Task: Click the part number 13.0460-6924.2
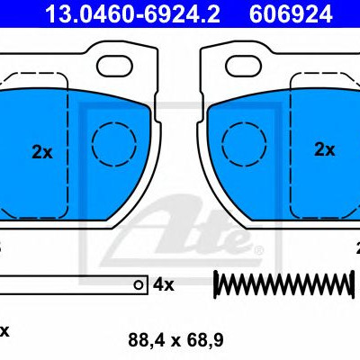[x=132, y=13]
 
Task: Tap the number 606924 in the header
[x=291, y=13]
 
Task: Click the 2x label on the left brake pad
[x=42, y=152]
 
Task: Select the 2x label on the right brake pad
[x=324, y=149]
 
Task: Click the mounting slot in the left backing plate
[x=114, y=66]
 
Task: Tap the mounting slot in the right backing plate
[x=244, y=66]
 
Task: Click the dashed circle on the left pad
[x=114, y=144]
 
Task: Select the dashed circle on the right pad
[x=244, y=144]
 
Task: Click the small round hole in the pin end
[x=139, y=285]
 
